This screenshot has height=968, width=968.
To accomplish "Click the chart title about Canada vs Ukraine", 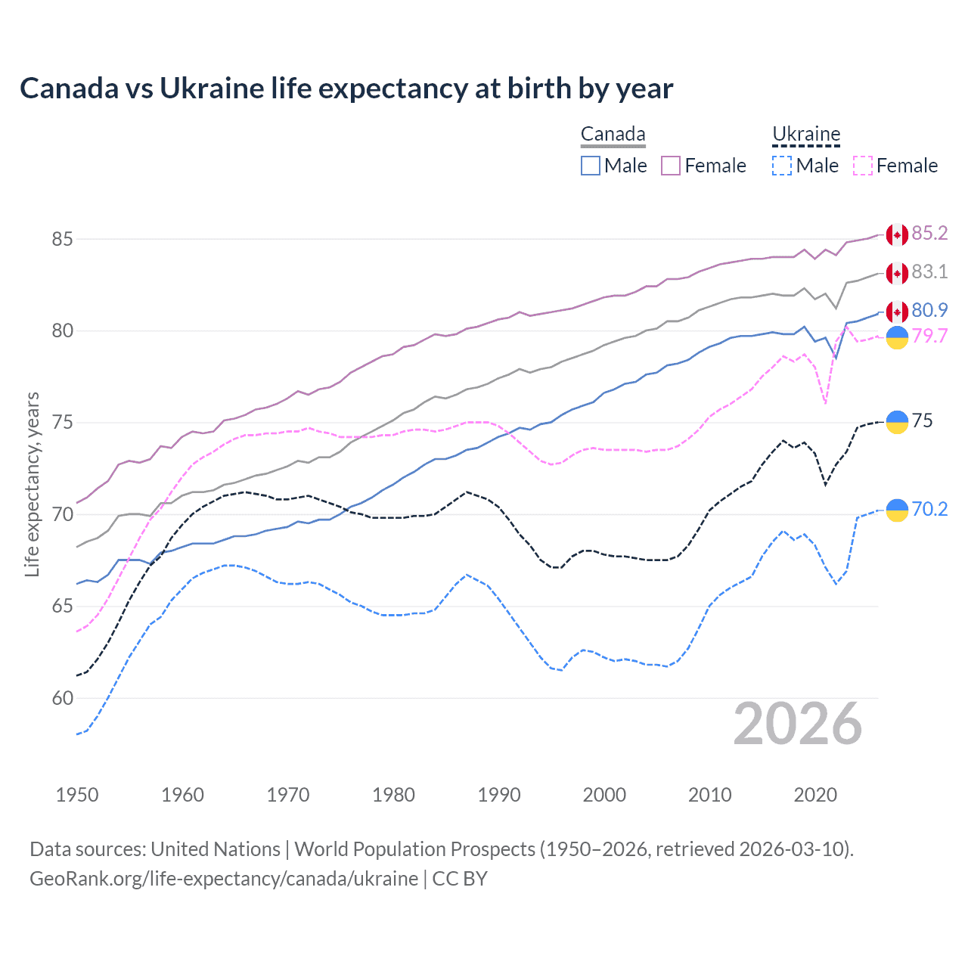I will pyautogui.click(x=346, y=88).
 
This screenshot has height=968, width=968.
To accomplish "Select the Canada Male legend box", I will pyautogui.click(x=591, y=166).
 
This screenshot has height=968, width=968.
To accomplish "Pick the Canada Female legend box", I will pyautogui.click(x=671, y=166).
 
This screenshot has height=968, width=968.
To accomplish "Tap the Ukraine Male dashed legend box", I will pyautogui.click(x=782, y=166).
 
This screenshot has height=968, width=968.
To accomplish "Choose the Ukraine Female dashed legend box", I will pyautogui.click(x=863, y=166).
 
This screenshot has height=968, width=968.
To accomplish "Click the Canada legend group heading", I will pyautogui.click(x=613, y=135).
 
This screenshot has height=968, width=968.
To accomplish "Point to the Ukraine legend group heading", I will pyautogui.click(x=806, y=135).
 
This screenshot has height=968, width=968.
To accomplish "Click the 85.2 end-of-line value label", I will pyautogui.click(x=929, y=233).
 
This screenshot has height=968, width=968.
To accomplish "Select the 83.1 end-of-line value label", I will pyautogui.click(x=929, y=271).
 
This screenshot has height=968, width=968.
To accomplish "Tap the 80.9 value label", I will pyautogui.click(x=929, y=310).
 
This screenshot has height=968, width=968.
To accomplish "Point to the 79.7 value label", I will pyautogui.click(x=929, y=336).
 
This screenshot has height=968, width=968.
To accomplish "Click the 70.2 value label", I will pyautogui.click(x=929, y=509).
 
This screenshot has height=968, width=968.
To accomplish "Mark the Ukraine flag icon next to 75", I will pyautogui.click(x=897, y=422).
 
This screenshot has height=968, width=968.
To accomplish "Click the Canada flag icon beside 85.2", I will pyautogui.click(x=897, y=235).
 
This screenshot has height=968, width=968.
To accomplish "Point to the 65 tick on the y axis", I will pyautogui.click(x=63, y=607).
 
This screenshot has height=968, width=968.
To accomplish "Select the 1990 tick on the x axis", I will pyautogui.click(x=499, y=795).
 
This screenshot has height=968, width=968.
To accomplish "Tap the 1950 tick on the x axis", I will pyautogui.click(x=77, y=795).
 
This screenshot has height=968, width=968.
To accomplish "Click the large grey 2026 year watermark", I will pyautogui.click(x=797, y=724).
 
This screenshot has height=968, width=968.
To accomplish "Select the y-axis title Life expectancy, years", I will pyautogui.click(x=33, y=484).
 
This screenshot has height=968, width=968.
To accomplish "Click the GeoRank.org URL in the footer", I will pyautogui.click(x=224, y=879).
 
